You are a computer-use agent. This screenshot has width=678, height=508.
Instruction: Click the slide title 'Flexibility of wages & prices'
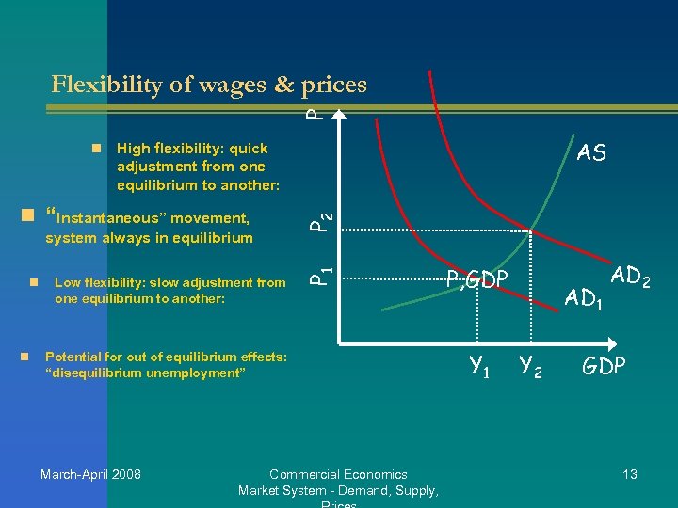pos(209,85)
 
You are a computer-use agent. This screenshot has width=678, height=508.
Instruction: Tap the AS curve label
pos(591,153)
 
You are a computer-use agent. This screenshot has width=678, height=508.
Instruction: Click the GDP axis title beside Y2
pos(604,365)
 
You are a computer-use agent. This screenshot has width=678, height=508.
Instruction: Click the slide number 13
pos(629,474)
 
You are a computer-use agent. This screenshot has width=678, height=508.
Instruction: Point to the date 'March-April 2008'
pos(90,474)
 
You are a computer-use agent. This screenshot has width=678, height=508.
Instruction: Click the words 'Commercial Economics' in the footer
pos(338,474)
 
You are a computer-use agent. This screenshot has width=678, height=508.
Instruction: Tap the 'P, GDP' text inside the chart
pos(477,278)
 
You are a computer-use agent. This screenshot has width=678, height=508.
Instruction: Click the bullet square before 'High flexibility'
pos(96,149)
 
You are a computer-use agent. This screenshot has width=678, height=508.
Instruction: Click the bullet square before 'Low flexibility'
pos(33,281)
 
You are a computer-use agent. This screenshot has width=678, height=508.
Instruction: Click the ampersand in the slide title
pos(283,85)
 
